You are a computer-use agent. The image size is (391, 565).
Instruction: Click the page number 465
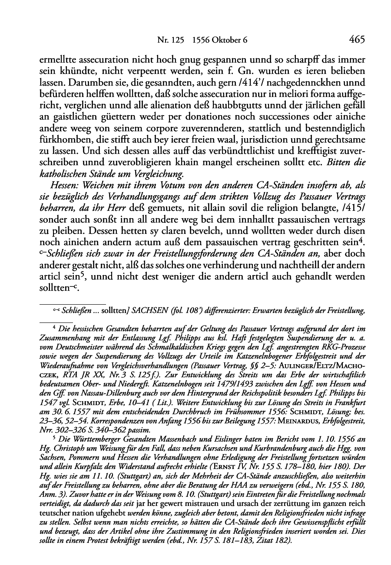pyautogui.click(x=356, y=40)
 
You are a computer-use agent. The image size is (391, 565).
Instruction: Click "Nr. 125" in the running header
pyautogui.click(x=169, y=40)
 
